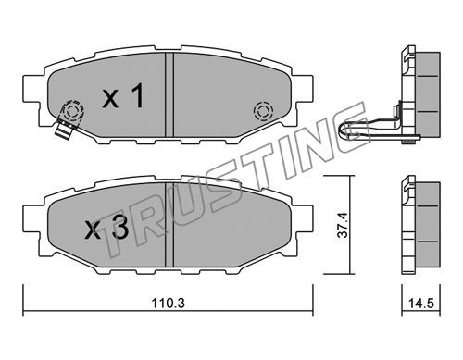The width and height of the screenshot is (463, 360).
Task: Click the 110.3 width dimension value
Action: tap(169, 303)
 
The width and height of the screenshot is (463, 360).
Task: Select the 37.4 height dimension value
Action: tap(343, 224)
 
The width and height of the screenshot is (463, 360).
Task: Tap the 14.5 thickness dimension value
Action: tap(421, 303)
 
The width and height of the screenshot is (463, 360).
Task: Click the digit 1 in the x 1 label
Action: tap(137, 95)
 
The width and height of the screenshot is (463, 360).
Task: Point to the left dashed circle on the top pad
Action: tap(73, 110)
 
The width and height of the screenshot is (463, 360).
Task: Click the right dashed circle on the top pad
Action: tap(263, 111)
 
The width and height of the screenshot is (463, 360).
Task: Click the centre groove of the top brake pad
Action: tap(169, 94)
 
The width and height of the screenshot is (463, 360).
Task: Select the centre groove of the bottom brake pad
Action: tap(169, 225)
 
